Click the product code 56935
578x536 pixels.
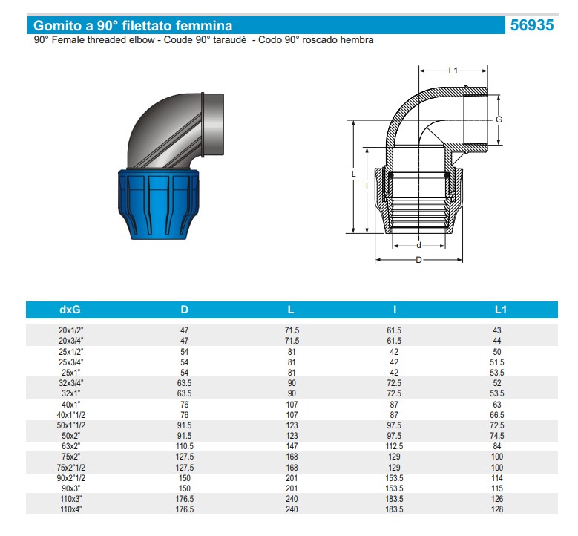pyautogui.click(x=532, y=25)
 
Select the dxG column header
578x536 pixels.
pyautogui.click(x=70, y=310)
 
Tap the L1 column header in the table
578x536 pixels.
pyautogui.click(x=500, y=310)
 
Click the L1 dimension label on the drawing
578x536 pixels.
pyautogui.click(x=453, y=71)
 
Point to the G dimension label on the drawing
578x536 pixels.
pyautogui.click(x=499, y=120)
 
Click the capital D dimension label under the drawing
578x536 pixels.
pyautogui.click(x=418, y=260)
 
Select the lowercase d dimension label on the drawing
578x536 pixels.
pyautogui.click(x=418, y=246)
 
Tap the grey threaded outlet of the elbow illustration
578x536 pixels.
pyautogui.click(x=213, y=125)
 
